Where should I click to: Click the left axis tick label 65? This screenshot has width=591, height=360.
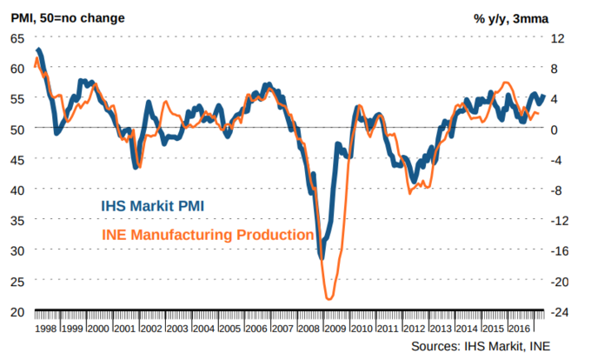(x=17, y=37)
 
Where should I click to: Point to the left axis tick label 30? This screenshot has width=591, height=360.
(x=17, y=250)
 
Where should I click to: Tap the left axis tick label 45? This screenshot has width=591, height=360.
(x=17, y=159)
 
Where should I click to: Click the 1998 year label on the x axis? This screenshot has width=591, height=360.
(x=46, y=330)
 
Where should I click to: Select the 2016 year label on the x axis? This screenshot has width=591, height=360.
(x=519, y=330)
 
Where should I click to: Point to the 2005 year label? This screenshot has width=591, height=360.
(x=229, y=330)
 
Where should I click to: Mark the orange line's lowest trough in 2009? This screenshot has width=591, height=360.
(x=329, y=299)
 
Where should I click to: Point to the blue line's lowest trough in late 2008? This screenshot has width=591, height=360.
(x=322, y=257)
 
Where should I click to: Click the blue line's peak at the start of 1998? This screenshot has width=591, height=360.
(x=39, y=50)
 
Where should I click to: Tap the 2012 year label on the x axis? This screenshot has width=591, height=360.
(x=414, y=330)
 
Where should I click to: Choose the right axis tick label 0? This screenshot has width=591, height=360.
(x=563, y=129)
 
